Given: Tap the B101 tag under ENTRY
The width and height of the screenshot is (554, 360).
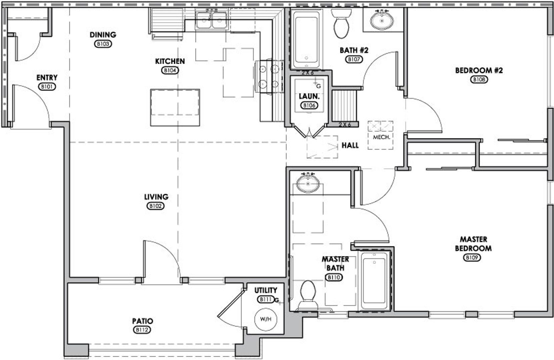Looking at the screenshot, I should [47, 87].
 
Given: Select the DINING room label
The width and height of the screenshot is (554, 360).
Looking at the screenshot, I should [103, 35].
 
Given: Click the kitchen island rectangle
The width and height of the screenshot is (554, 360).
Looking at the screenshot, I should [175, 107].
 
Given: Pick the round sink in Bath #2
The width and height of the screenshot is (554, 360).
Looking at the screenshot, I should [382, 21].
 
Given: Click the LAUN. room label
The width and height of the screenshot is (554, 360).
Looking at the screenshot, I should [309, 97].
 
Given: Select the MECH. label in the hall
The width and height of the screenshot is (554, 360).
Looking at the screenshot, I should [381, 137].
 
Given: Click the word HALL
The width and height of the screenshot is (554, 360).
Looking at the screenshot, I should [350, 145].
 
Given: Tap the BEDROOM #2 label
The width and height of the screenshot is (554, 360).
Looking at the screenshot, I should [479, 71].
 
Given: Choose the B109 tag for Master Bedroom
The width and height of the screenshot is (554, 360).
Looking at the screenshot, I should [472, 257].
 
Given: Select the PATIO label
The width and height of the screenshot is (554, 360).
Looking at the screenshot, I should [142, 321].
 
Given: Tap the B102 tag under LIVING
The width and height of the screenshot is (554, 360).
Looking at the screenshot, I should [155, 206].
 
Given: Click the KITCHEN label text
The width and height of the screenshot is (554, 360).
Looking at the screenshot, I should [170, 61].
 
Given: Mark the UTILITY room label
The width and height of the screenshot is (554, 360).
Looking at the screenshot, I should [265, 290].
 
